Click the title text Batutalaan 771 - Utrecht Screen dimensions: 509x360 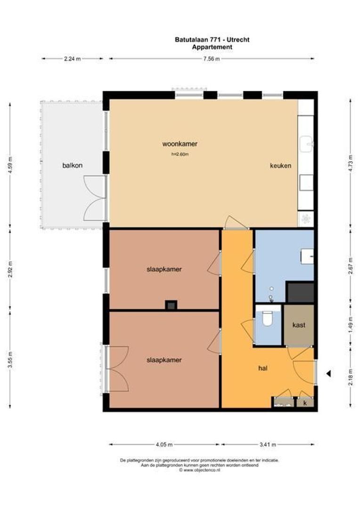[x=212, y=40]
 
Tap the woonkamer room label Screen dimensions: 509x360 [x=180, y=144]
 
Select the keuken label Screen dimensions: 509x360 [x=280, y=166]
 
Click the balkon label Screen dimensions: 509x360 [x=72, y=165]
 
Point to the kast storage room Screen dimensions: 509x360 [x=298, y=325]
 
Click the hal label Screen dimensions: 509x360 [x=263, y=368]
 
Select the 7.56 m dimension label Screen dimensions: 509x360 [x=212, y=59]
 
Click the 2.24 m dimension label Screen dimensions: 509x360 [x=72, y=59]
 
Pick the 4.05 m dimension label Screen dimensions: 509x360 [x=164, y=444]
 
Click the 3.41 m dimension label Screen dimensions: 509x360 [x=267, y=444]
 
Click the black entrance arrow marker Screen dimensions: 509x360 [x=329, y=374]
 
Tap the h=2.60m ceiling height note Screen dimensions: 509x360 [x=180, y=154]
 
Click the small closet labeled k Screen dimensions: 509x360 [x=305, y=403]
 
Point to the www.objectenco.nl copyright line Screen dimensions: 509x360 [x=199, y=470]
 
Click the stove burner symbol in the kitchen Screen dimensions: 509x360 [x=306, y=218]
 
